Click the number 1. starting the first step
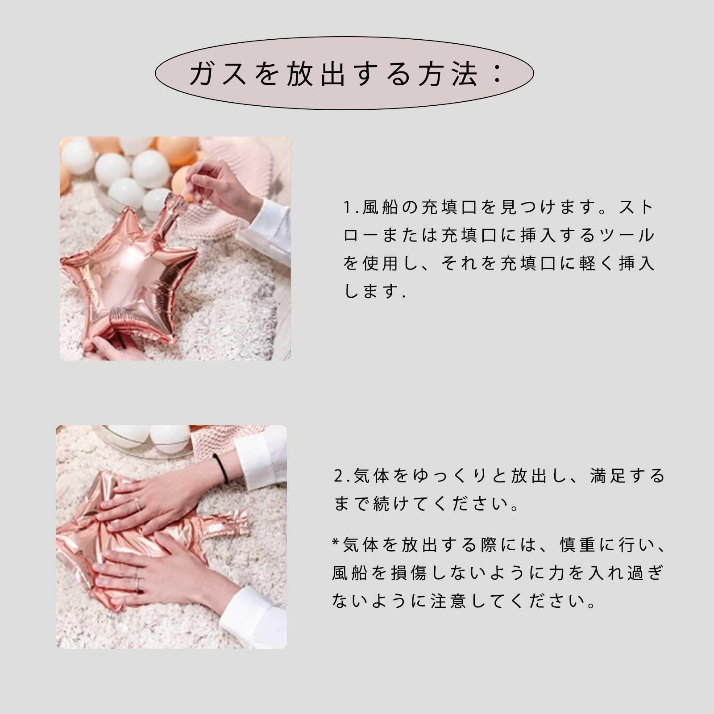[351, 208]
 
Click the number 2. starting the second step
[342, 476]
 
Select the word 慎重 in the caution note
[578, 545]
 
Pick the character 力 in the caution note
[557, 573]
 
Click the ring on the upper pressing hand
[138, 504]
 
